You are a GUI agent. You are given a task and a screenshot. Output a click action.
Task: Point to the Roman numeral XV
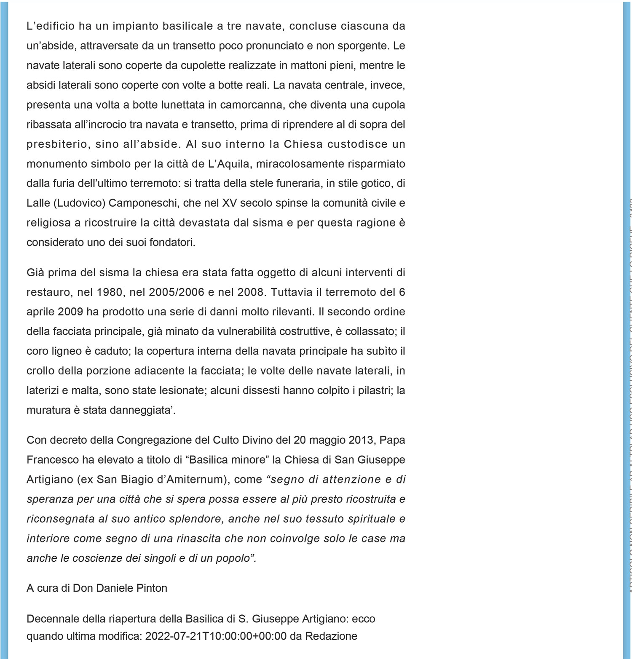[x=229, y=203]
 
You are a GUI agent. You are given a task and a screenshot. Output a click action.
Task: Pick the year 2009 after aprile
[x=70, y=312]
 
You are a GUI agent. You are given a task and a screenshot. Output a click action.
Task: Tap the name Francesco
[x=53, y=460]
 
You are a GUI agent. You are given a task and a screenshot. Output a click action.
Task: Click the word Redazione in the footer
[x=331, y=636]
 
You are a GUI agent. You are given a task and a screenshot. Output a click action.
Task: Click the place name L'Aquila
[x=230, y=164]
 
